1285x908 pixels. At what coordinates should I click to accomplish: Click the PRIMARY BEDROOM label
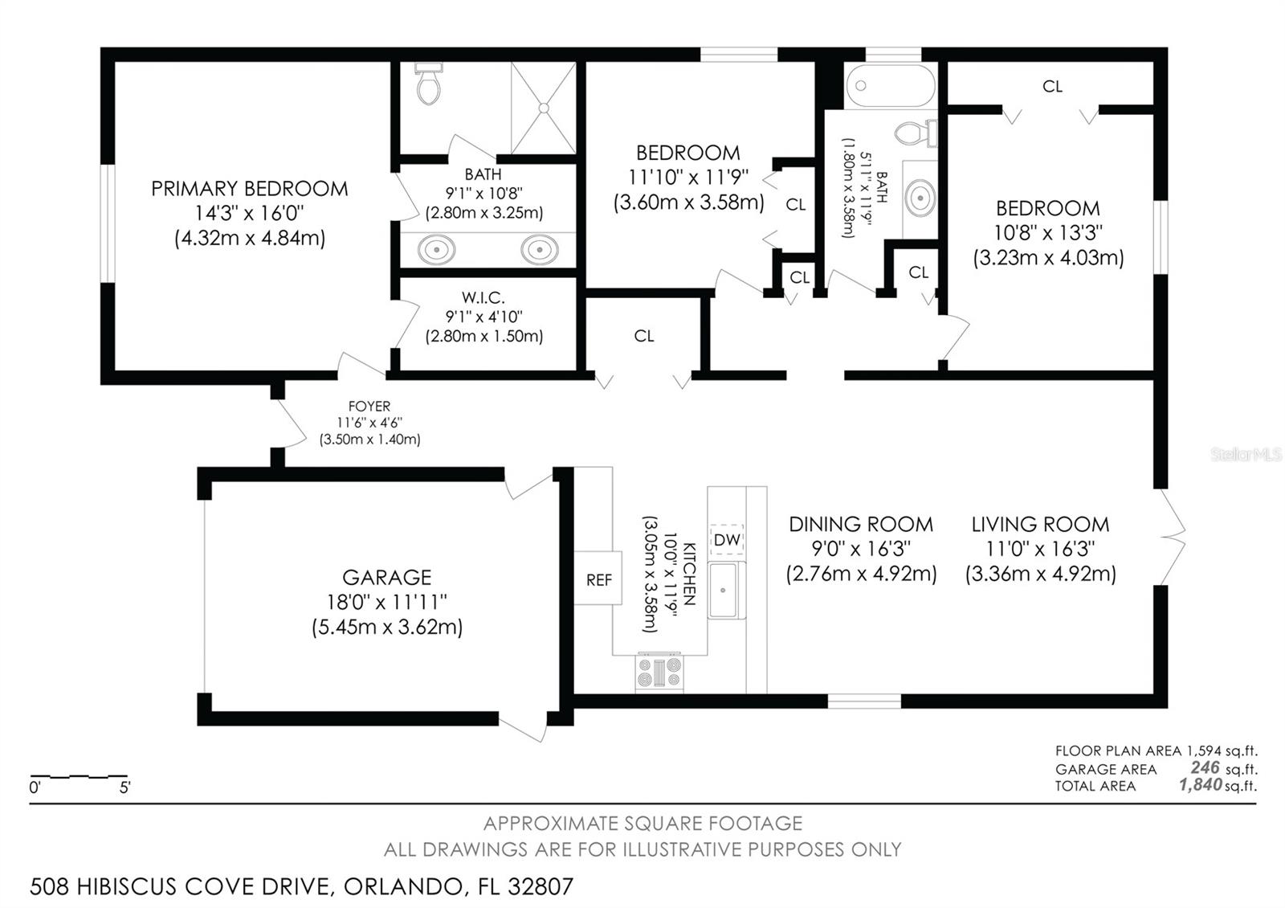point(250,189)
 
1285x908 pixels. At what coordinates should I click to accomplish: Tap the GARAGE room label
point(386,578)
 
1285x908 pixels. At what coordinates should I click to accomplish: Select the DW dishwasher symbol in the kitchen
point(727,539)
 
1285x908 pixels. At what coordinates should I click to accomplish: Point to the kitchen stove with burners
point(659,673)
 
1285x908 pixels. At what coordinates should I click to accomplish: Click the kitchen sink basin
point(723,590)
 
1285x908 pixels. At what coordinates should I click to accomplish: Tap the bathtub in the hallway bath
point(891,85)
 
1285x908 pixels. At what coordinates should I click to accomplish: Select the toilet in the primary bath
point(429,84)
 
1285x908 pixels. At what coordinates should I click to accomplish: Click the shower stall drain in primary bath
point(544,108)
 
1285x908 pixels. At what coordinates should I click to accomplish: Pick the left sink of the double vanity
point(437,250)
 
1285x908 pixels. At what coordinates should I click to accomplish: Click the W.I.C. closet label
point(483,298)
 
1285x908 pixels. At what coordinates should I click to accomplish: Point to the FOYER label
point(369,407)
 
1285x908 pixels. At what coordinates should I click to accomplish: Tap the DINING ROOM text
point(861,525)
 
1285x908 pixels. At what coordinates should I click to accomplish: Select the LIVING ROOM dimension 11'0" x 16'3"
point(1040,550)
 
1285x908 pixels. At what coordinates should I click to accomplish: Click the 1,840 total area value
point(1200,784)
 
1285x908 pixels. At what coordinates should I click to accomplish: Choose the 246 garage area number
point(1205,767)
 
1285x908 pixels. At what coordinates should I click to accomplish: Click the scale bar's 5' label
point(125,788)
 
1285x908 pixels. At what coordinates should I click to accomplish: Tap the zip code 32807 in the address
point(541,887)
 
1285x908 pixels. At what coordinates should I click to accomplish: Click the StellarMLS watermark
point(1246,455)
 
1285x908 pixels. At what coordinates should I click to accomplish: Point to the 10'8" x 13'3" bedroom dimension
point(1048,233)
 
